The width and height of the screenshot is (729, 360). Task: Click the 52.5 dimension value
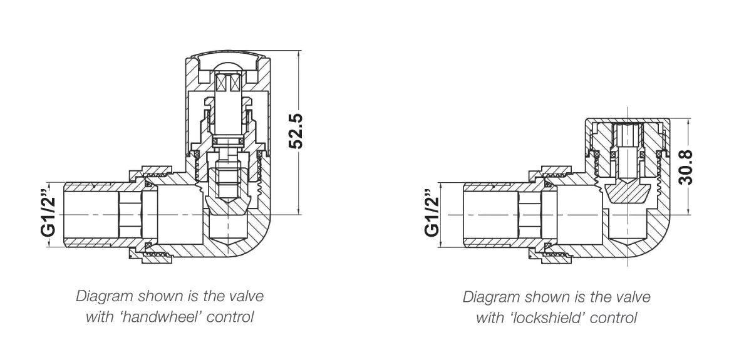point(296,131)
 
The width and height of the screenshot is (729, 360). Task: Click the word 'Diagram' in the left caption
point(99,296)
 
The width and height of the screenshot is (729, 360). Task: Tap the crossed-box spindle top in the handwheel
point(229,82)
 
